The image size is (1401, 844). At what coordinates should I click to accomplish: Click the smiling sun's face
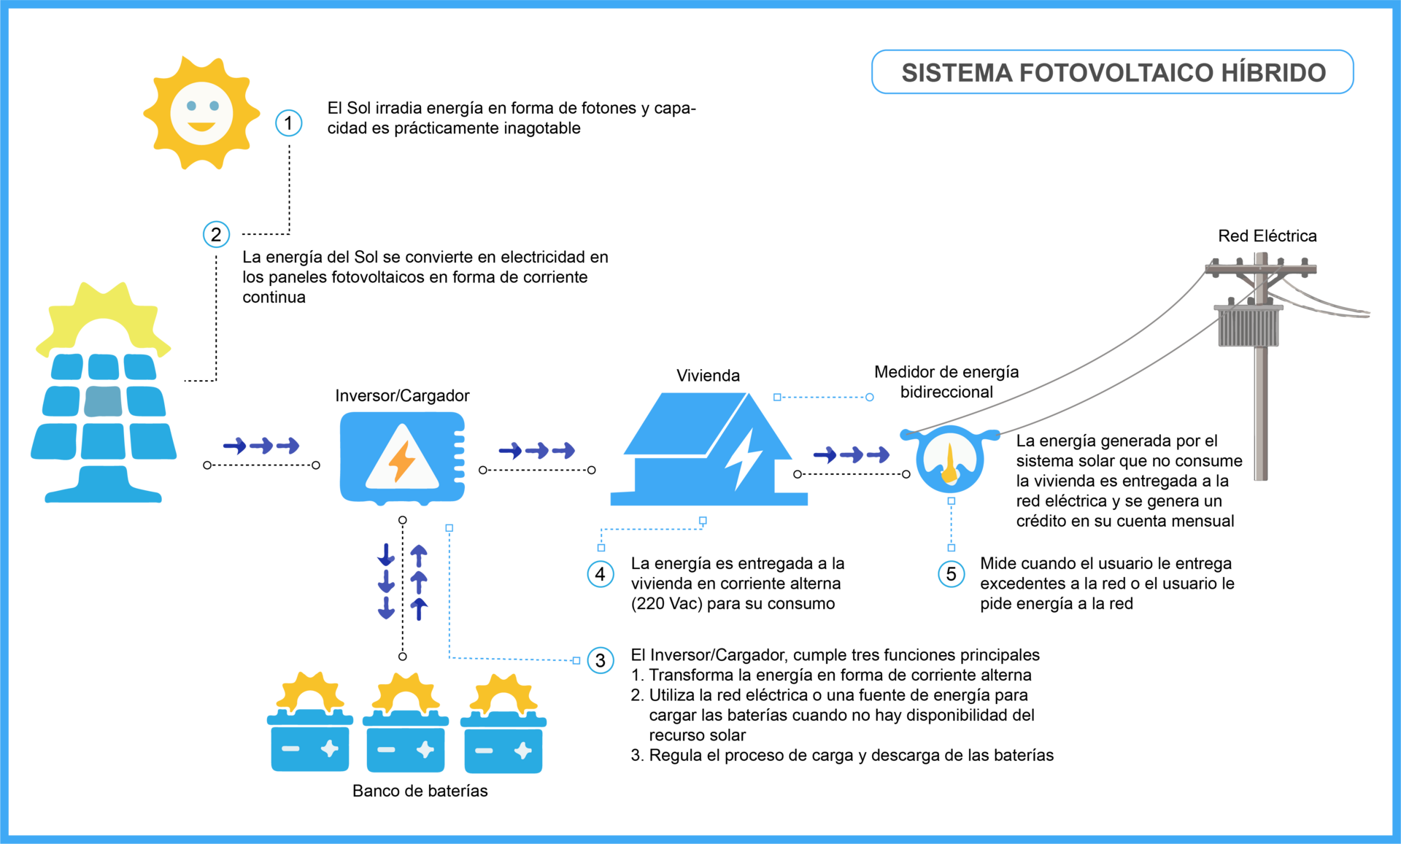pyautogui.click(x=201, y=113)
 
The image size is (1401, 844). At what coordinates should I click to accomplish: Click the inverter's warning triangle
pyautogui.click(x=402, y=460)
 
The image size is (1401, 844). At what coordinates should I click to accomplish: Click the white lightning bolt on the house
pyautogui.click(x=744, y=458)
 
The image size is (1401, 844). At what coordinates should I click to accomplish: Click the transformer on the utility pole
pyautogui.click(x=1248, y=327)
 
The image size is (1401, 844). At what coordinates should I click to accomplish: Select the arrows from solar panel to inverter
pyautogui.click(x=261, y=446)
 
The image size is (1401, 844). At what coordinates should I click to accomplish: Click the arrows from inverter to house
pyautogui.click(x=537, y=451)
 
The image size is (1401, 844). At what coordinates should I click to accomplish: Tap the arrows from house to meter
pyautogui.click(x=852, y=455)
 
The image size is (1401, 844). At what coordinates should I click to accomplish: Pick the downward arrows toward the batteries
pyautogui.click(x=386, y=581)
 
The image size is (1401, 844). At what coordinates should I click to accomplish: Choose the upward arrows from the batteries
pyautogui.click(x=419, y=581)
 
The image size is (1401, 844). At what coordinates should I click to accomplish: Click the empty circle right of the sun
pyautogui.click(x=289, y=123)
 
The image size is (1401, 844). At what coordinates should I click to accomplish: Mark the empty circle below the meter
pyautogui.click(x=952, y=574)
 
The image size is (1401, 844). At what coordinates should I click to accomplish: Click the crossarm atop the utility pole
pyautogui.click(x=1260, y=268)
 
